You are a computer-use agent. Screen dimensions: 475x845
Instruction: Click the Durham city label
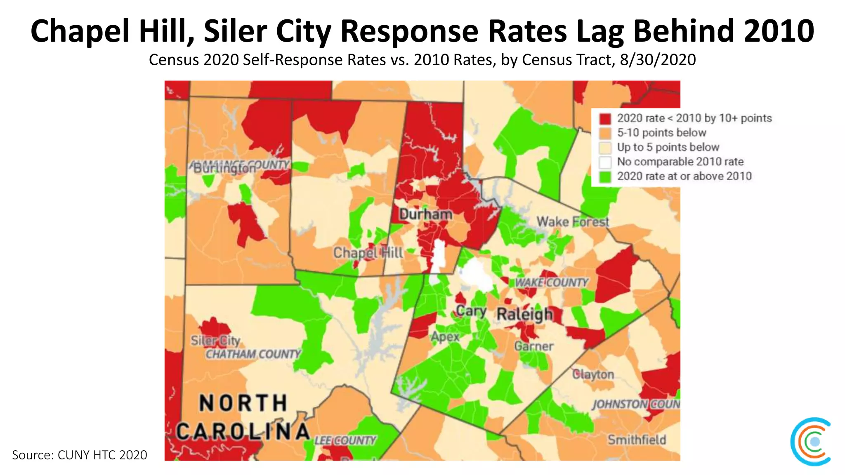pyautogui.click(x=426, y=214)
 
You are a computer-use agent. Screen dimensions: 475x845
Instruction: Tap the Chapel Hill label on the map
pyautogui.click(x=368, y=253)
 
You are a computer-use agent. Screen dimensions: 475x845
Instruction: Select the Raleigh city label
pyautogui.click(x=524, y=314)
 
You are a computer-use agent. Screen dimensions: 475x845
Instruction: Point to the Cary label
pyautogui.click(x=471, y=311)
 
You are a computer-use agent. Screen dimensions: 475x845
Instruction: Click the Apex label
pyautogui.click(x=445, y=337)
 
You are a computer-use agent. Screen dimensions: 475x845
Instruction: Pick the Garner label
pyautogui.click(x=533, y=346)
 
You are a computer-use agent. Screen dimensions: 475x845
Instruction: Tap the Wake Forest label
pyautogui.click(x=573, y=222)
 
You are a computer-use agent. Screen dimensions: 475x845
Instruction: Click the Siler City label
pyautogui.click(x=215, y=341)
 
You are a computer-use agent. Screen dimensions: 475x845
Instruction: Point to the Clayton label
pyautogui.click(x=593, y=374)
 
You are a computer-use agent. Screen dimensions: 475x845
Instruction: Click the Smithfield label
pyautogui.click(x=637, y=440)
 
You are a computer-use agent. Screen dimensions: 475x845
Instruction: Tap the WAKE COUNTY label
pyautogui.click(x=552, y=282)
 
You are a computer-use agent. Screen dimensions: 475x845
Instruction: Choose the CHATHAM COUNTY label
pyautogui.click(x=253, y=354)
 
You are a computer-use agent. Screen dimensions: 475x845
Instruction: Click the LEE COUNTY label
pyautogui.click(x=345, y=440)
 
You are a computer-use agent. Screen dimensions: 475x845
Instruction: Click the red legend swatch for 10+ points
pyautogui.click(x=605, y=119)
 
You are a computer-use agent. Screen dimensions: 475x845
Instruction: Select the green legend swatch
pyautogui.click(x=605, y=176)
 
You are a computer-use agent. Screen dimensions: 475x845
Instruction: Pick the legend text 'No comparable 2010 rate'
pyautogui.click(x=680, y=162)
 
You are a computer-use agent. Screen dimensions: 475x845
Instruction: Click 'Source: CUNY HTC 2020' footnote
pyautogui.click(x=80, y=455)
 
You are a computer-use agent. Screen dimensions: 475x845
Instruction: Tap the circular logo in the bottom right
pyautogui.click(x=811, y=442)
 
